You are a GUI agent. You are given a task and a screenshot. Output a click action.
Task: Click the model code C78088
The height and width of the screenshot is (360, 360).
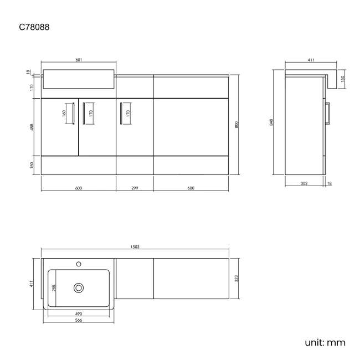point(34,27)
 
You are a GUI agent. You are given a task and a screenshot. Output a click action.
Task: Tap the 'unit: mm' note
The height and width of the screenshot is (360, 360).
point(325,342)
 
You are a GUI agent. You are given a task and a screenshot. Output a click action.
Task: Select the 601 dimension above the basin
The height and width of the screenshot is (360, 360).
point(79,60)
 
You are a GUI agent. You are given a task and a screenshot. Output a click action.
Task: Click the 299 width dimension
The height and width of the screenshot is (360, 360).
point(135,188)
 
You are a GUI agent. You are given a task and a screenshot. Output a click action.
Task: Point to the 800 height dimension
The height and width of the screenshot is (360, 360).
point(236,125)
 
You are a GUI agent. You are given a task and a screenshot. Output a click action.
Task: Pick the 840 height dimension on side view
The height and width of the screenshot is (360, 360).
point(271,122)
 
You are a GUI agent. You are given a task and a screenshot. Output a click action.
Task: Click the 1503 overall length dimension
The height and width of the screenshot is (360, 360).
point(135,247)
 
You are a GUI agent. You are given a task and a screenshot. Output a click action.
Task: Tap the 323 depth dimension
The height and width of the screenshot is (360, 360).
point(236,279)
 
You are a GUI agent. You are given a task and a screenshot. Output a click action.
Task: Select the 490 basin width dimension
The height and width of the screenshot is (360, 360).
point(79,314)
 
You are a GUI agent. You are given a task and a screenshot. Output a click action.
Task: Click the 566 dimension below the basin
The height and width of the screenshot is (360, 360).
point(79,320)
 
